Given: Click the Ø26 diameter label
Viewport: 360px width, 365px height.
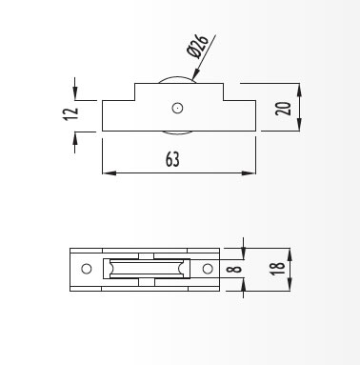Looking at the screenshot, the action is (x=198, y=46).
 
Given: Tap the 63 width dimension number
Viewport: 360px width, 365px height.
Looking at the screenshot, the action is (x=172, y=159).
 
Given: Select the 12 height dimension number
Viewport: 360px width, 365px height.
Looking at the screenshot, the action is (x=70, y=113).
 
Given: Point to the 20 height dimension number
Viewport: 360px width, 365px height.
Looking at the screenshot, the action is (x=284, y=109).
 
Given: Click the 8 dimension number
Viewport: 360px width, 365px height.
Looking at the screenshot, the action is (x=234, y=270).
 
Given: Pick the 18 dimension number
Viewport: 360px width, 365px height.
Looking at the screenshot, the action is (x=277, y=269).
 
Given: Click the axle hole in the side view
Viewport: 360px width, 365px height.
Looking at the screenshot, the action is (x=177, y=108).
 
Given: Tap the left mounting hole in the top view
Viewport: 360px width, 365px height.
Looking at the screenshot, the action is (x=87, y=269).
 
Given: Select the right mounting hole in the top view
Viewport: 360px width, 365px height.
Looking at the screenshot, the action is (x=208, y=269).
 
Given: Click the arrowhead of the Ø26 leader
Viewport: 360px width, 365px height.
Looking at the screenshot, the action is (x=195, y=74).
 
